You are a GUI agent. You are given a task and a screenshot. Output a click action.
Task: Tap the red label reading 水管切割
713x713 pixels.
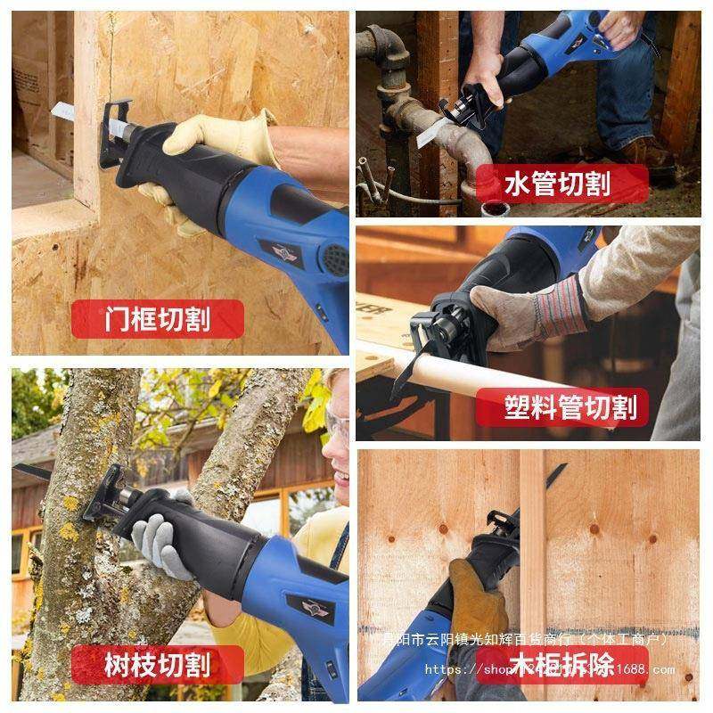click(557, 184)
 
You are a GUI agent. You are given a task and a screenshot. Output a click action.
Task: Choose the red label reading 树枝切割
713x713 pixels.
click(157, 664)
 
